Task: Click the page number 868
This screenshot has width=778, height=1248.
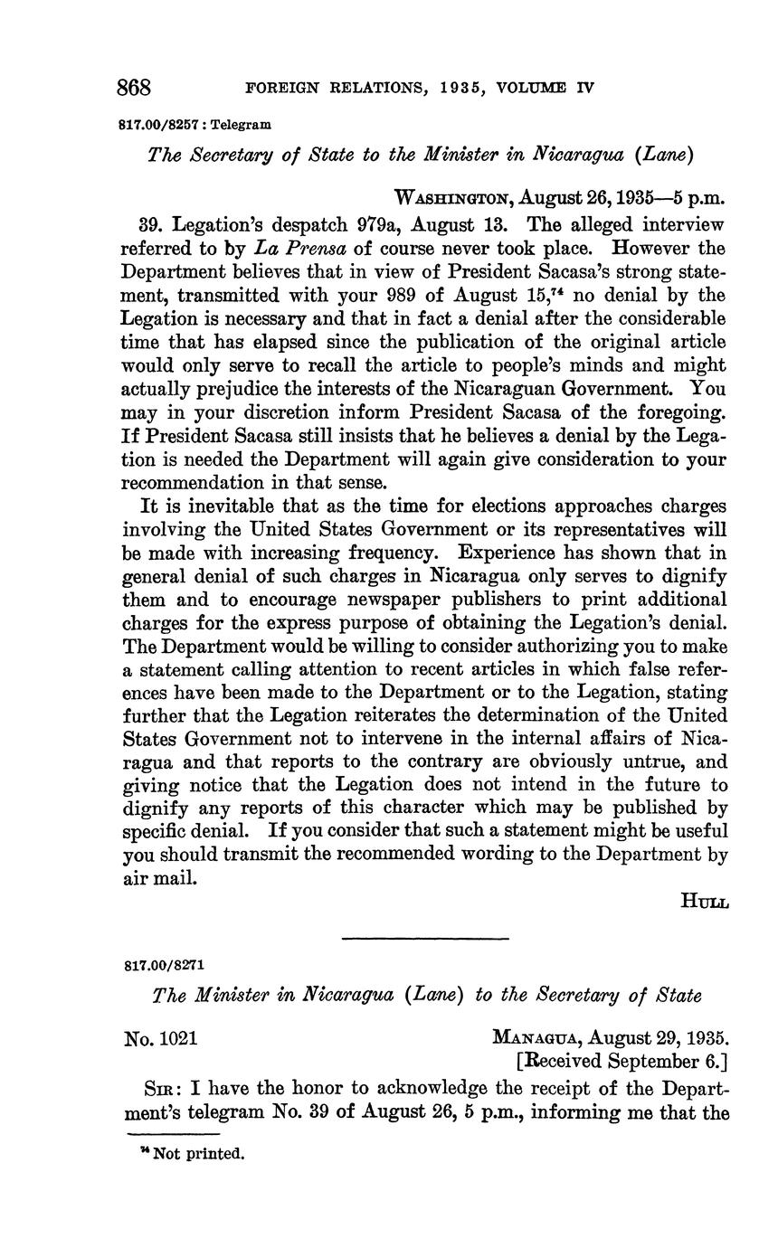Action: click(134, 88)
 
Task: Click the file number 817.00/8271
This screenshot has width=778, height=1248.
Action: click(165, 964)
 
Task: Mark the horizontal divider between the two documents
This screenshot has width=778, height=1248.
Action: click(426, 938)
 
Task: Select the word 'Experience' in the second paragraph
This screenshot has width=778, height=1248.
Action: click(508, 553)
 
